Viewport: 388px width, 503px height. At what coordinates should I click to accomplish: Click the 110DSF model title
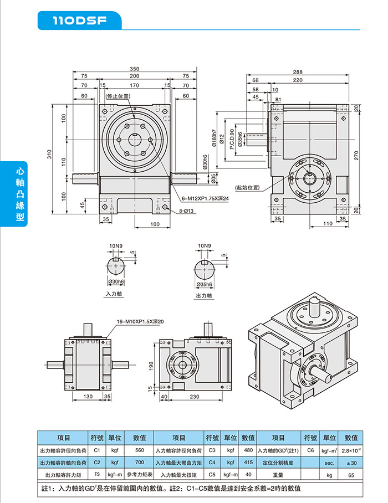(x=79, y=21)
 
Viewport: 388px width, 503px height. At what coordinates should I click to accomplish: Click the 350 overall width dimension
(x=135, y=69)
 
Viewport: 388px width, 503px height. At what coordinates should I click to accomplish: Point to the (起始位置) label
(x=247, y=187)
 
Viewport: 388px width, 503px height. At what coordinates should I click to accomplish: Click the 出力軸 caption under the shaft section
(x=205, y=296)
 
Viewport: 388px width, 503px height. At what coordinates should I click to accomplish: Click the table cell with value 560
(x=139, y=450)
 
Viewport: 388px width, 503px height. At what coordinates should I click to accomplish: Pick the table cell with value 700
(x=139, y=462)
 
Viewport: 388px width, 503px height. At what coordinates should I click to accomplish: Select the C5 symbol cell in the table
(x=212, y=474)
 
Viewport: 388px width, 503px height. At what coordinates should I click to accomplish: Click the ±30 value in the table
(x=351, y=462)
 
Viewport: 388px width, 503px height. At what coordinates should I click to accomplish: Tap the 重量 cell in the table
(x=278, y=474)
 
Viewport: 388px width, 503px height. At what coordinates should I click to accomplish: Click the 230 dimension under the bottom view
(x=194, y=397)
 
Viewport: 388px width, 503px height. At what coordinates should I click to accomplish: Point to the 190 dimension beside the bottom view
(x=151, y=366)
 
